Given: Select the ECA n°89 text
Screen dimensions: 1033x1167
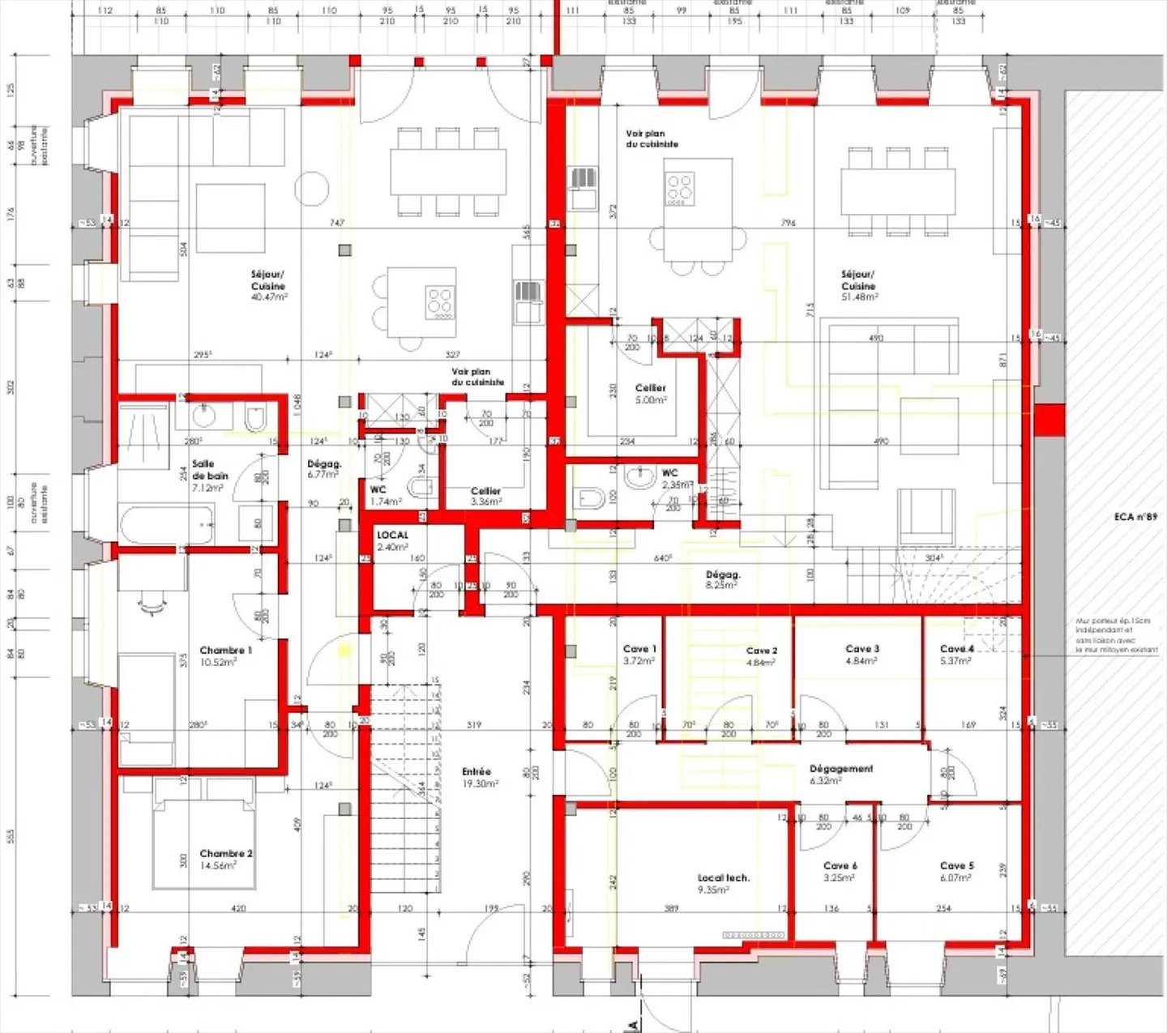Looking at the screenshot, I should coord(1135,517).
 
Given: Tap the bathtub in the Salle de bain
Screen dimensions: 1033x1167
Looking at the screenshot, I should coord(166,524).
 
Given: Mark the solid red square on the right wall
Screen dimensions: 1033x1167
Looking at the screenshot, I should coord(1049,420).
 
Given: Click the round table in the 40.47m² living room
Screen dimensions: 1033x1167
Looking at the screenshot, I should coord(311,189).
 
